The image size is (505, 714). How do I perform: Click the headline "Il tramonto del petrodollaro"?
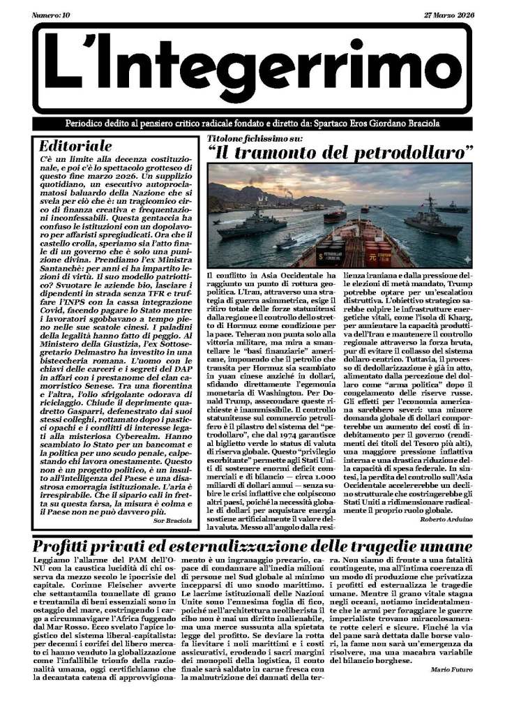[x=341, y=151]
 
